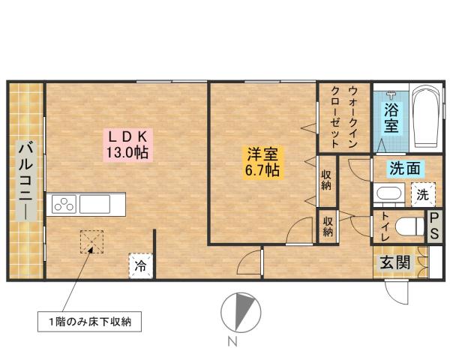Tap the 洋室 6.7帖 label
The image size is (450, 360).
click(x=262, y=163)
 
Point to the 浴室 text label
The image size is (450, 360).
click(x=391, y=118)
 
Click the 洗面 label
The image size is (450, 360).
click(x=403, y=169)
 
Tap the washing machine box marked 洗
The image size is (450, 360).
click(x=423, y=195)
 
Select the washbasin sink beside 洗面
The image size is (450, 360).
click(x=388, y=196)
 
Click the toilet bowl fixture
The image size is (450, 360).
click(x=406, y=226)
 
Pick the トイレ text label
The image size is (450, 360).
click(x=385, y=226)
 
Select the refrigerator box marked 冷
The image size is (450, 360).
click(x=140, y=265)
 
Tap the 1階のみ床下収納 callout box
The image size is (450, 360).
click(x=91, y=324)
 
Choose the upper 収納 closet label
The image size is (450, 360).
click(x=327, y=180)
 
